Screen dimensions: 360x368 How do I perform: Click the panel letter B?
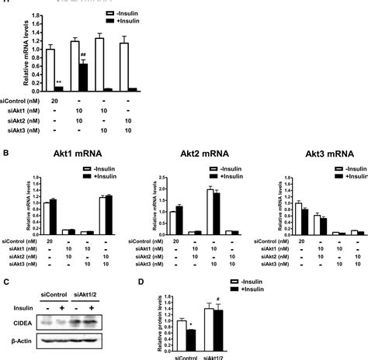click(5, 154)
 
